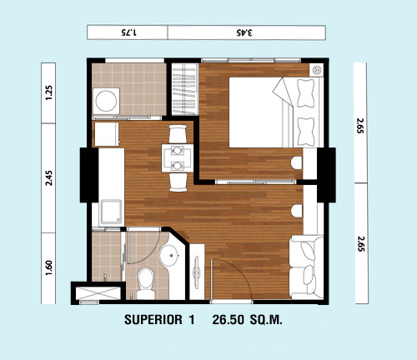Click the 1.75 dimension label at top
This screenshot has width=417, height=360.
pos(128,32)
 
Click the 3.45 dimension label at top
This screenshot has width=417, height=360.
pos(244,32)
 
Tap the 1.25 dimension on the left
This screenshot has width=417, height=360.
pos(48,92)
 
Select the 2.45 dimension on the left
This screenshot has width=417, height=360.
pos(48,178)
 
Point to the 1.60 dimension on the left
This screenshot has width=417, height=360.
pos(48,267)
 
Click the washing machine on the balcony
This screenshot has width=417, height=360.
pos(106,101)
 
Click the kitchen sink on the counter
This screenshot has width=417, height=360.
pos(111,212)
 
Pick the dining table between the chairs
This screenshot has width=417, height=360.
pos(178,158)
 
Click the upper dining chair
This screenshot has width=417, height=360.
pos(178,133)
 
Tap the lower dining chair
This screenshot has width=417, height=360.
pos(178,182)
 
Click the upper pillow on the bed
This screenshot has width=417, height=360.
pos(305,93)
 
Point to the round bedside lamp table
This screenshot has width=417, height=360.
pos(317,70)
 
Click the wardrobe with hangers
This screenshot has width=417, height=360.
pos(184,89)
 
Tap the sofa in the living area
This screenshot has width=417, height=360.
pos(306,267)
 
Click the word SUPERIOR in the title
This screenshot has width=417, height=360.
pos(153,320)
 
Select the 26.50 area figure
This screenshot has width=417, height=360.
pos(228,320)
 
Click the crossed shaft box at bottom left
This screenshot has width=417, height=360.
pos(98,293)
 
